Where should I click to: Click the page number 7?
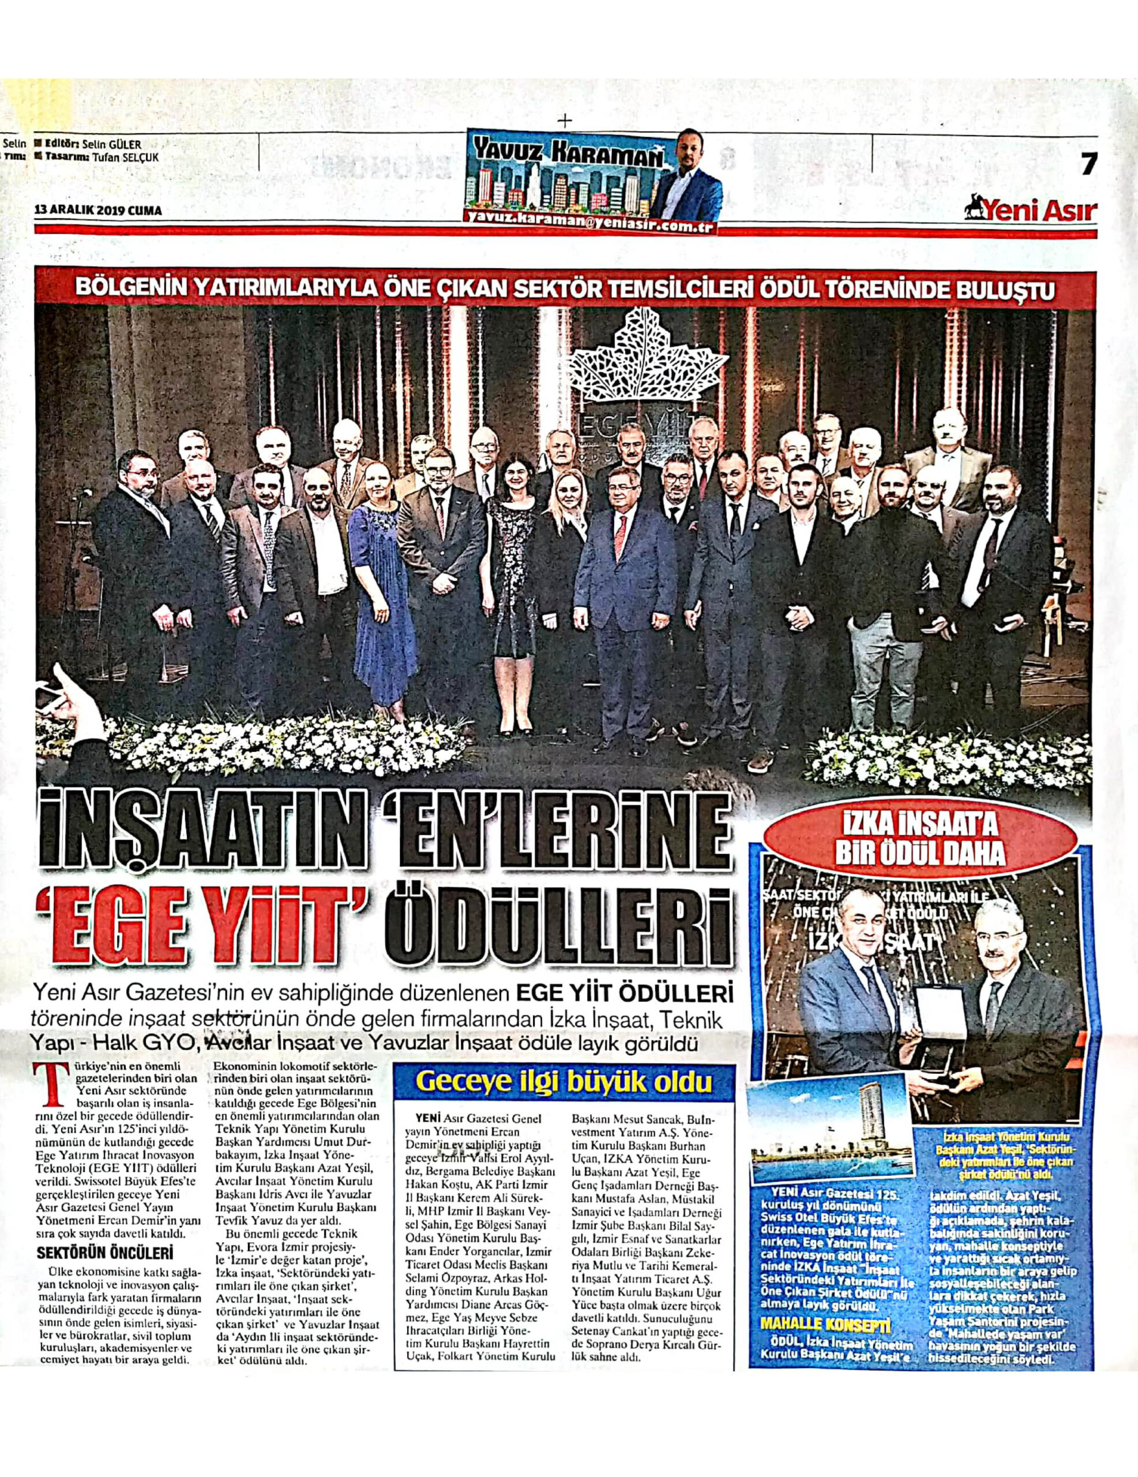1087,164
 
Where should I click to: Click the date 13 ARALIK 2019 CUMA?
98,211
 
